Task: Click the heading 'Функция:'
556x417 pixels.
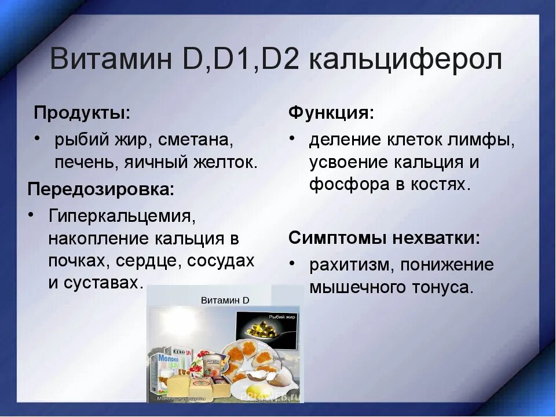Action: click(x=331, y=112)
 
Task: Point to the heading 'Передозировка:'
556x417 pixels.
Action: click(x=101, y=189)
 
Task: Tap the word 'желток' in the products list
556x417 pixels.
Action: click(x=228, y=162)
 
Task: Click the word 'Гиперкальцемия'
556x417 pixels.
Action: click(x=120, y=216)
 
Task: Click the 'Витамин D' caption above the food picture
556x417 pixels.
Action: click(x=225, y=300)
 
